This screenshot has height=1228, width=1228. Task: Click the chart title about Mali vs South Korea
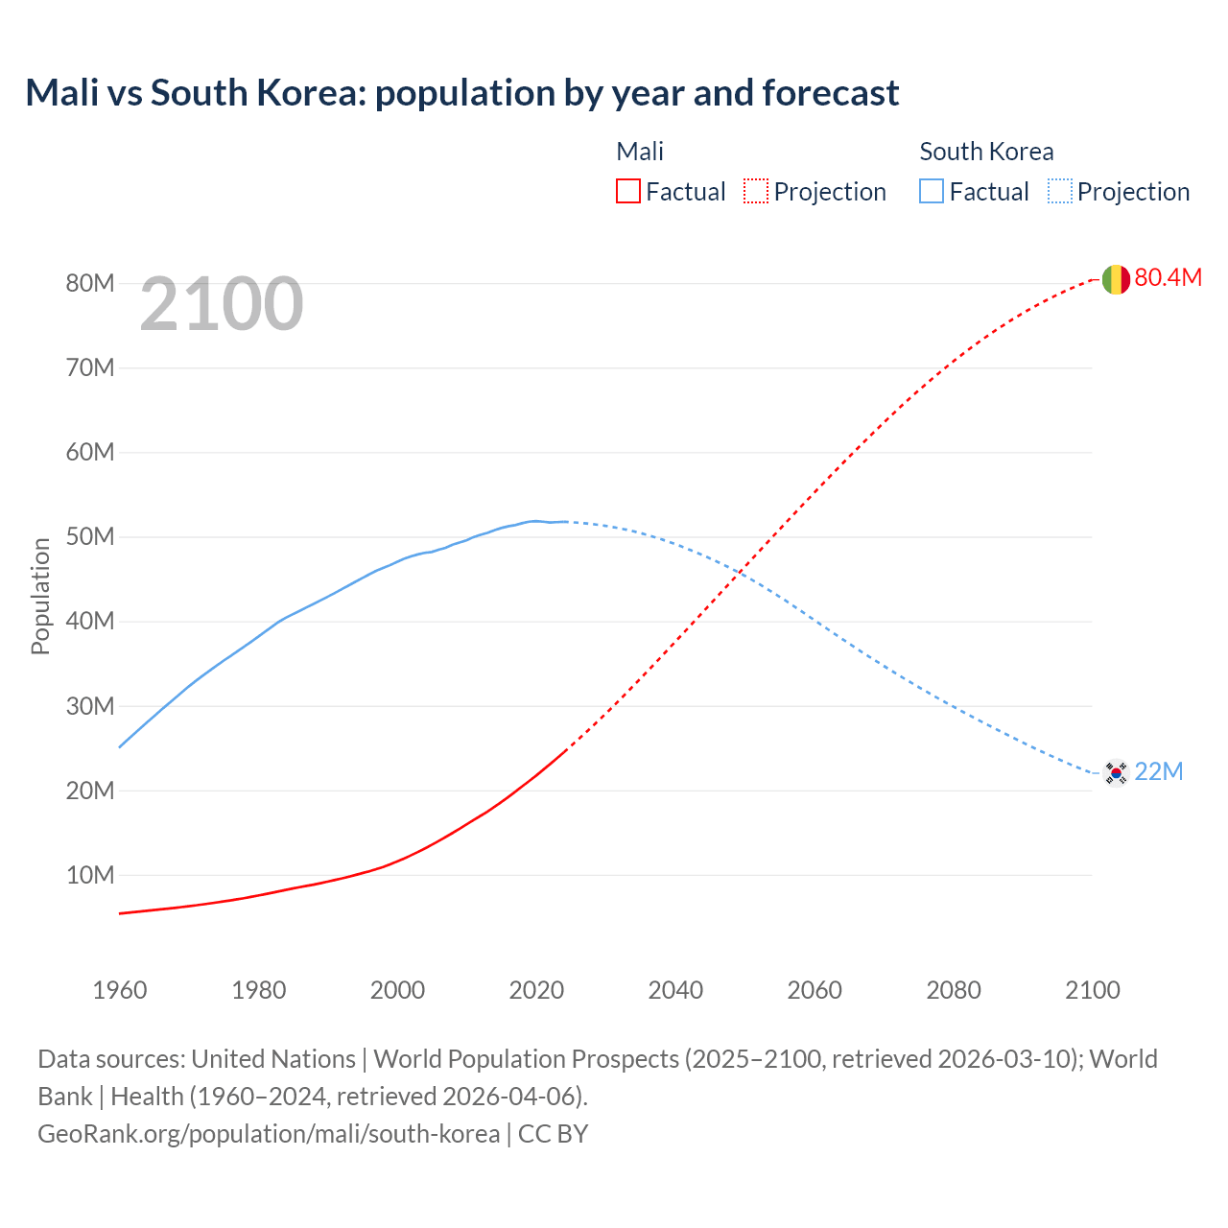(x=461, y=93)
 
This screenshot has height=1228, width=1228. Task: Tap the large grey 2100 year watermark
(x=222, y=304)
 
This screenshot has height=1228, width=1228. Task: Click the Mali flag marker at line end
(x=1115, y=279)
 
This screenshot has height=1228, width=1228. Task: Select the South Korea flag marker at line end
(x=1115, y=772)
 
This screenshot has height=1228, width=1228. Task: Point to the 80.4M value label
(x=1168, y=278)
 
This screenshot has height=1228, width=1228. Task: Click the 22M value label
(x=1159, y=772)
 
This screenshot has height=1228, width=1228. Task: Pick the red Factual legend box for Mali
(x=628, y=192)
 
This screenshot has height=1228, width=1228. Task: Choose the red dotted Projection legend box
(x=756, y=192)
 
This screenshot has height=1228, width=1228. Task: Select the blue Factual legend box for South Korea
(x=932, y=192)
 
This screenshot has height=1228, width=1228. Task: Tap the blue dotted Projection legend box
(x=1060, y=192)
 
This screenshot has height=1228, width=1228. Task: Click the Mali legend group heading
(x=640, y=152)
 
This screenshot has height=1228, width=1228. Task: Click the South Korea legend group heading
(x=986, y=152)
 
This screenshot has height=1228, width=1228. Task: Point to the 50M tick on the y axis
(x=90, y=536)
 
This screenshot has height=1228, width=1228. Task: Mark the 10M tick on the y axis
(x=90, y=875)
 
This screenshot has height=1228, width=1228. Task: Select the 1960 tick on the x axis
(x=120, y=990)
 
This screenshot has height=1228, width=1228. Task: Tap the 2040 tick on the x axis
(x=675, y=990)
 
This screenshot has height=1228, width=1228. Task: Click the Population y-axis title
(x=40, y=596)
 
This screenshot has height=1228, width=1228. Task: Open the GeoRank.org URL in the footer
(x=269, y=1134)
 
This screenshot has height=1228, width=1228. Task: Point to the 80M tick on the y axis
(x=90, y=283)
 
